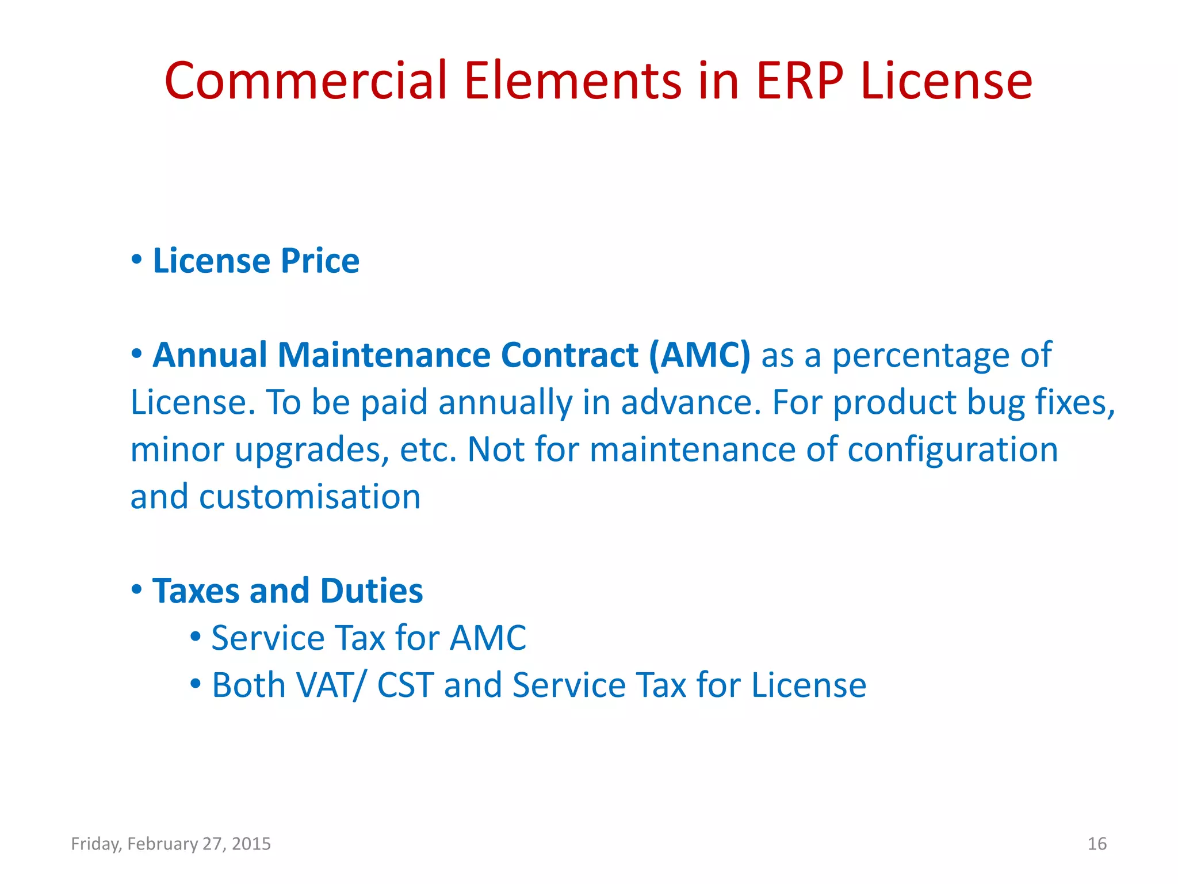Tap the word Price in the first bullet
coord(320,262)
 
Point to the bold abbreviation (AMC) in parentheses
coord(699,355)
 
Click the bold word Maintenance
coord(384,355)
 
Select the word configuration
coord(953,449)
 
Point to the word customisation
coord(310,497)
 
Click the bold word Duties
coord(371,591)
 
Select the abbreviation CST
coord(406,685)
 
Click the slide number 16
coord(1097,844)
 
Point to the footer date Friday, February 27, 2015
coord(171,844)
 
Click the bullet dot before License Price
coord(136,260)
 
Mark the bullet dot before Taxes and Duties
coord(136,589)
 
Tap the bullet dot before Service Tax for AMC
coord(196,637)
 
